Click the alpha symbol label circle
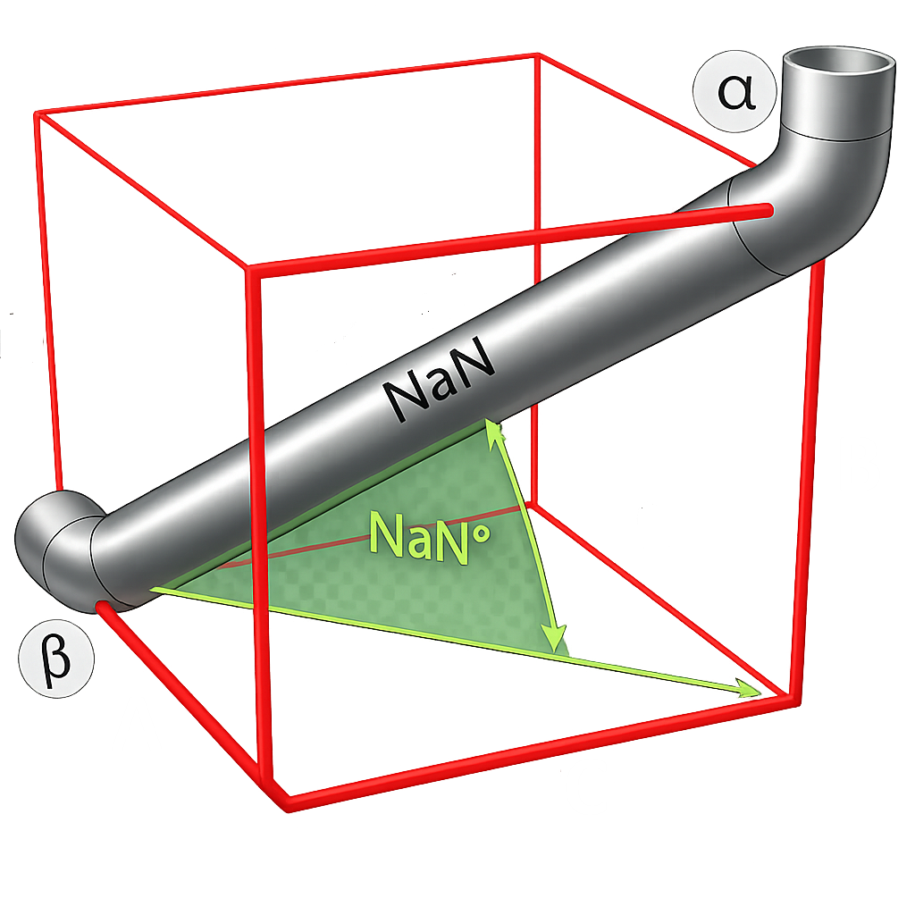pyautogui.click(x=735, y=92)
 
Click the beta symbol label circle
pyautogui.click(x=56, y=659)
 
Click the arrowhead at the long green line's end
pyautogui.click(x=749, y=689)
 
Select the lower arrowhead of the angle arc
pyautogui.click(x=554, y=637)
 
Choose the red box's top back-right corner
pyautogui.click(x=537, y=56)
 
